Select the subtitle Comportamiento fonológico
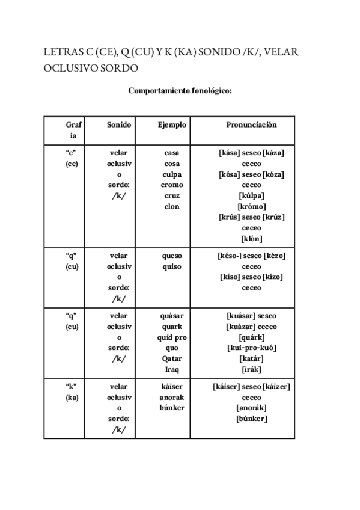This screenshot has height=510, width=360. [x=180, y=91]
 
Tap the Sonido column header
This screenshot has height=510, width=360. [x=119, y=125]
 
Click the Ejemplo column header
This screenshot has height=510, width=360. [x=172, y=125]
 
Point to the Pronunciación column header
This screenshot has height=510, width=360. [x=251, y=125]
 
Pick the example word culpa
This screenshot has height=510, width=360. [x=172, y=174]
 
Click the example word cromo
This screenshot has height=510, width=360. [x=172, y=185]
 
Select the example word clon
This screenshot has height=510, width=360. [x=172, y=206]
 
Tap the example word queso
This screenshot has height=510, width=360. [x=172, y=256]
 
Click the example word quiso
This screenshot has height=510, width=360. [x=172, y=266]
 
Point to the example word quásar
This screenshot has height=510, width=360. [x=172, y=316]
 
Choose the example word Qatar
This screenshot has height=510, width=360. [x=172, y=358]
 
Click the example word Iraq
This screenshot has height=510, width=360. [x=172, y=369]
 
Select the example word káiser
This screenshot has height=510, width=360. [x=172, y=387]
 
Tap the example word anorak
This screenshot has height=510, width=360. [x=172, y=398]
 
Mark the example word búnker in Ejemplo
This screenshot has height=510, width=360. [x=172, y=408]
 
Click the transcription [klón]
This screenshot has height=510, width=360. [x=251, y=238]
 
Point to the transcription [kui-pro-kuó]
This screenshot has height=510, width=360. [x=251, y=348]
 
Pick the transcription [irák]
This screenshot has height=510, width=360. [x=251, y=369]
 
